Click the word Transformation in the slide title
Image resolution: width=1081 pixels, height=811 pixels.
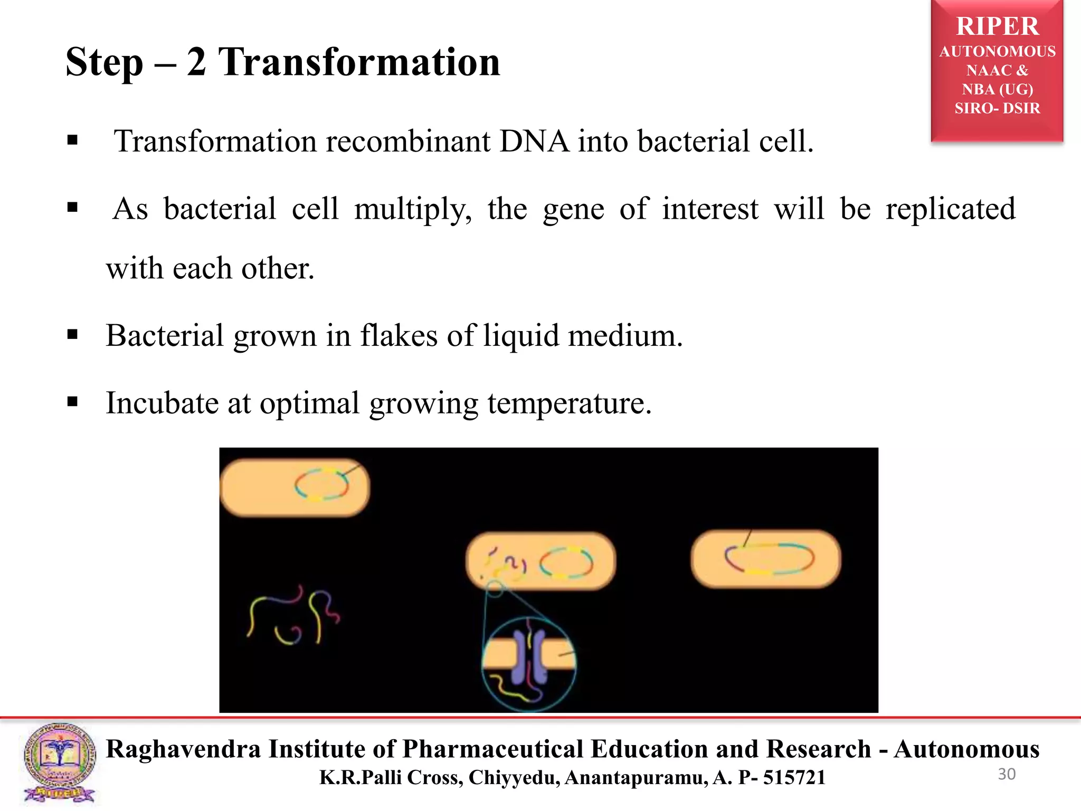[359, 62]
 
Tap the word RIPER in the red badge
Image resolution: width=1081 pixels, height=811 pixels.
[997, 26]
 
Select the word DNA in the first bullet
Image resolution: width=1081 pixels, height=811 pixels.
[534, 142]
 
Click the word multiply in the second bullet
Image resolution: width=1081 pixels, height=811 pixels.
[412, 209]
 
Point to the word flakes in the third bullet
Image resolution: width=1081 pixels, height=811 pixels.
[399, 336]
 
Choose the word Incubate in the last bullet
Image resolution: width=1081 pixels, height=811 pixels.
[162, 403]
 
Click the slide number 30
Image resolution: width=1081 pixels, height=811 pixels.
[1007, 774]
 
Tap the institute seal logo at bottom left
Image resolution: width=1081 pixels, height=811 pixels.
[60, 762]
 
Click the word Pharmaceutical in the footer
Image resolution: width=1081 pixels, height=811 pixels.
[493, 749]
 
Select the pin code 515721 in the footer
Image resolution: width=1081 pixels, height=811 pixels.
[794, 778]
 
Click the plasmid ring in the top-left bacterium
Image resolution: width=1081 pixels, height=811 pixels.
[321, 484]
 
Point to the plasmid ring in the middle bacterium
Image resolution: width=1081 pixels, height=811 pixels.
[566, 563]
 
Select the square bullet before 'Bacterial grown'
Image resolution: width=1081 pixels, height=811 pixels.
[73, 335]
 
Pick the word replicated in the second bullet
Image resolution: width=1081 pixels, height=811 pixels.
[951, 209]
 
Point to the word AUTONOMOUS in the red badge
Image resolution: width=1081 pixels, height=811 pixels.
[997, 52]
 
